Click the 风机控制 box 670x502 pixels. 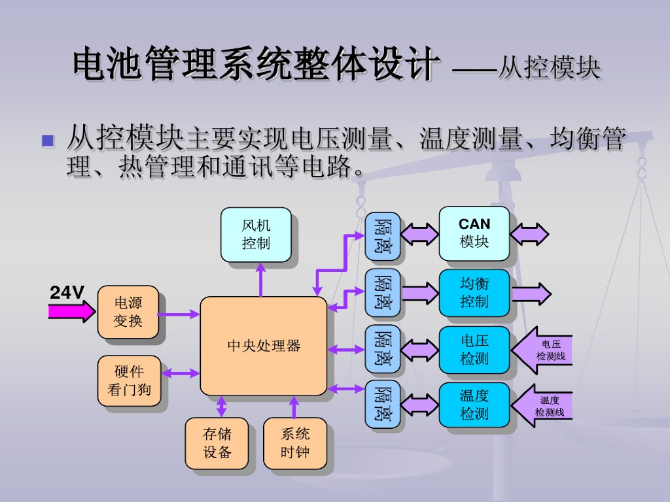[256, 235]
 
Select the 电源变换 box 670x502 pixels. [128, 312]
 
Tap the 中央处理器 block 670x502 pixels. [263, 346]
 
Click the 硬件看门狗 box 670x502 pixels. [129, 380]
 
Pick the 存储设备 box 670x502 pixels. [217, 443]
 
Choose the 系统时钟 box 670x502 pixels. [294, 443]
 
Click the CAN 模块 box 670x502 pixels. [474, 233]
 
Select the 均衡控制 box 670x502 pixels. [474, 293]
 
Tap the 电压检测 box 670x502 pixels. [474, 350]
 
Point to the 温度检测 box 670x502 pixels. [474, 405]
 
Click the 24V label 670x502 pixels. [67, 293]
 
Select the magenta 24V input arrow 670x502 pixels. [71, 312]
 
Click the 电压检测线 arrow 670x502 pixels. [542, 350]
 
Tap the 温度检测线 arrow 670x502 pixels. [542, 406]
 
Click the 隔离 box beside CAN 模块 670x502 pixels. [383, 236]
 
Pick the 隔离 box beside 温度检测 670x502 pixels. [383, 404]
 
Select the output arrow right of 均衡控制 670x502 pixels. [531, 293]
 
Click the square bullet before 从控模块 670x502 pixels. [47, 140]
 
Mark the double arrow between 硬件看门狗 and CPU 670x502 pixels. [180, 373]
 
